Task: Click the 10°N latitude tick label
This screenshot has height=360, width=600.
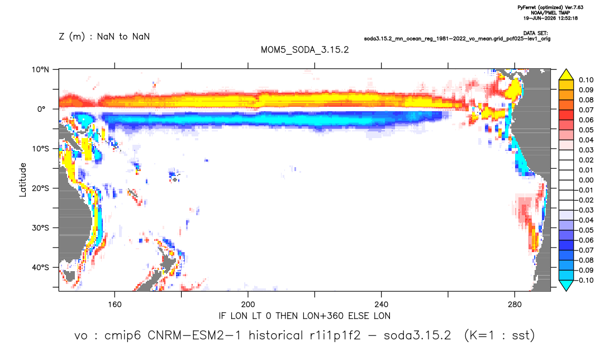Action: [x=40, y=70]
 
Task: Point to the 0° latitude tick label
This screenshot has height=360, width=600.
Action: [x=41, y=109]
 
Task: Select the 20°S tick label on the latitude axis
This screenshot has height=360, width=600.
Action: [x=40, y=188]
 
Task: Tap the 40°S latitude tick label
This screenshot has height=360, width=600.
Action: [x=40, y=267]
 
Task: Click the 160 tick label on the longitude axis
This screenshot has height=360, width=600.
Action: [x=115, y=305]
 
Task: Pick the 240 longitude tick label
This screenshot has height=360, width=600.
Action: [x=381, y=305]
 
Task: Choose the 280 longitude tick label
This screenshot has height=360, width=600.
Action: [x=515, y=305]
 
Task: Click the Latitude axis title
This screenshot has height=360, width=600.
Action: [x=23, y=180]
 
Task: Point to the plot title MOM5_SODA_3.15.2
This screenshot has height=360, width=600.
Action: [x=305, y=50]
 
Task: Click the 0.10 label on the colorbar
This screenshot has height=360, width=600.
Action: [x=586, y=80]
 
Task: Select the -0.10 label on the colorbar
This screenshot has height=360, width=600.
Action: [x=584, y=280]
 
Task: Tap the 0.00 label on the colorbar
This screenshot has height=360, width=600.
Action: [x=586, y=180]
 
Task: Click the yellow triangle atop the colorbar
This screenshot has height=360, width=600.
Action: [x=566, y=75]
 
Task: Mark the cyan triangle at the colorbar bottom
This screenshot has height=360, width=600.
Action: [x=566, y=285]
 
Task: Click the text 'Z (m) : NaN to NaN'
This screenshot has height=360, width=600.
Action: [x=104, y=37]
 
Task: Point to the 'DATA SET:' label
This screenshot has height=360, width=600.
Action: [x=535, y=34]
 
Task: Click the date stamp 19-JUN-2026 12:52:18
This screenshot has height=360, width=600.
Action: [x=550, y=18]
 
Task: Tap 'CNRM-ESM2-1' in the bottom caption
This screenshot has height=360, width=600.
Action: [x=194, y=335]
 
